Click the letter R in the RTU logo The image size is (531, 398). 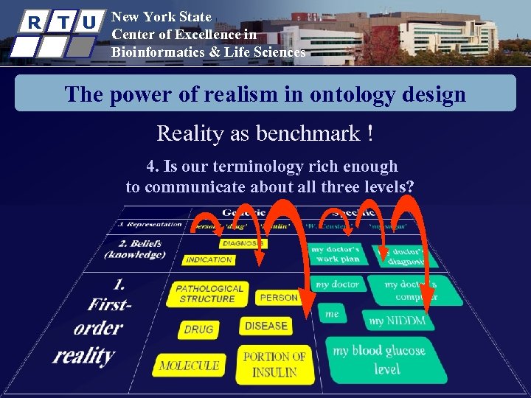tap(32, 22)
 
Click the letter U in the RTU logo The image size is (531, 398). tap(88, 23)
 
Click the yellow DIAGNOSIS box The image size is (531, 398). tap(242, 243)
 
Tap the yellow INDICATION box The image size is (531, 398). tap(209, 259)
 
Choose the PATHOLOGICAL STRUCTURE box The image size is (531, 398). tap(209, 293)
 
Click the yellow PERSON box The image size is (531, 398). tap(278, 298)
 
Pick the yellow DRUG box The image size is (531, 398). tap(198, 329)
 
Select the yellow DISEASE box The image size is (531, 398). tap(265, 326)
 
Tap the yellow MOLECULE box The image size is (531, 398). tap(189, 365)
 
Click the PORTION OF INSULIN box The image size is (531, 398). tap(274, 364)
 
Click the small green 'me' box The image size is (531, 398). tap(333, 314)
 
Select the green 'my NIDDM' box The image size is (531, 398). tap(398, 321)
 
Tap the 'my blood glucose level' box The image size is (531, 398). tap(386, 359)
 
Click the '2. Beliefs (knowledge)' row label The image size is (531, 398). tap(136, 249)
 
